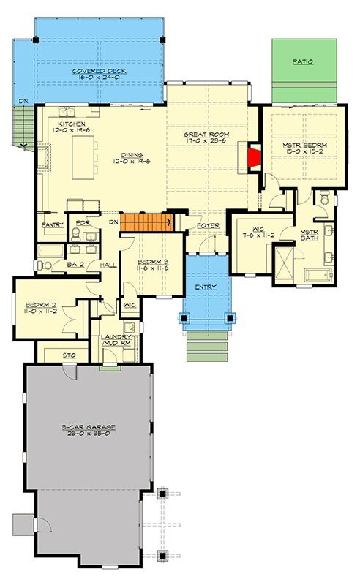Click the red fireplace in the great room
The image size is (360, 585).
click(x=253, y=158)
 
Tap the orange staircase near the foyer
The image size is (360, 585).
click(x=146, y=222)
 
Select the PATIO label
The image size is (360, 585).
click(x=303, y=63)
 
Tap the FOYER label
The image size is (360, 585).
click(x=208, y=226)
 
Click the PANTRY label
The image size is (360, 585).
click(x=52, y=225)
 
